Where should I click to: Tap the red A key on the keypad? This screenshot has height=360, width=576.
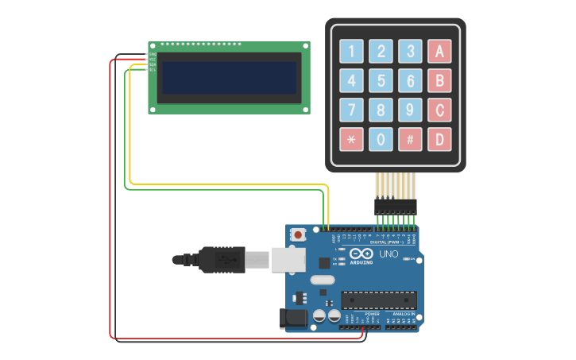click(439, 52)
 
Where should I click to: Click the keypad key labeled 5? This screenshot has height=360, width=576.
click(381, 81)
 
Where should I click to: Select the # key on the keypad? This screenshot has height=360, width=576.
click(410, 140)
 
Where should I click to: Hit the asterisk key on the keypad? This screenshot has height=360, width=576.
click(352, 140)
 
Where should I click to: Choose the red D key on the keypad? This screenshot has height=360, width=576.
click(439, 140)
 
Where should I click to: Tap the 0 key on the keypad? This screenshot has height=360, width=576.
click(381, 140)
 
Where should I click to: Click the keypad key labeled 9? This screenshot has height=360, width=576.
click(410, 110)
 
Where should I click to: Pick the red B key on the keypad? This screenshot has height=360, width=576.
click(439, 81)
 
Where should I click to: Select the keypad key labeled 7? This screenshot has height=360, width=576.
click(352, 110)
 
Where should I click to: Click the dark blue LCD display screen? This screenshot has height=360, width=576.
click(229, 78)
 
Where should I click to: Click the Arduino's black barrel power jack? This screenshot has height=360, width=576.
click(292, 319)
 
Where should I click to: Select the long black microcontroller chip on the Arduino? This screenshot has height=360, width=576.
click(379, 300)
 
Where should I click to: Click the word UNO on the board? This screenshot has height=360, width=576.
click(389, 254)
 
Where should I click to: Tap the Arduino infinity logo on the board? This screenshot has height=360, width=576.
click(362, 253)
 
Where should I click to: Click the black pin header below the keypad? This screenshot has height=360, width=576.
click(396, 206)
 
